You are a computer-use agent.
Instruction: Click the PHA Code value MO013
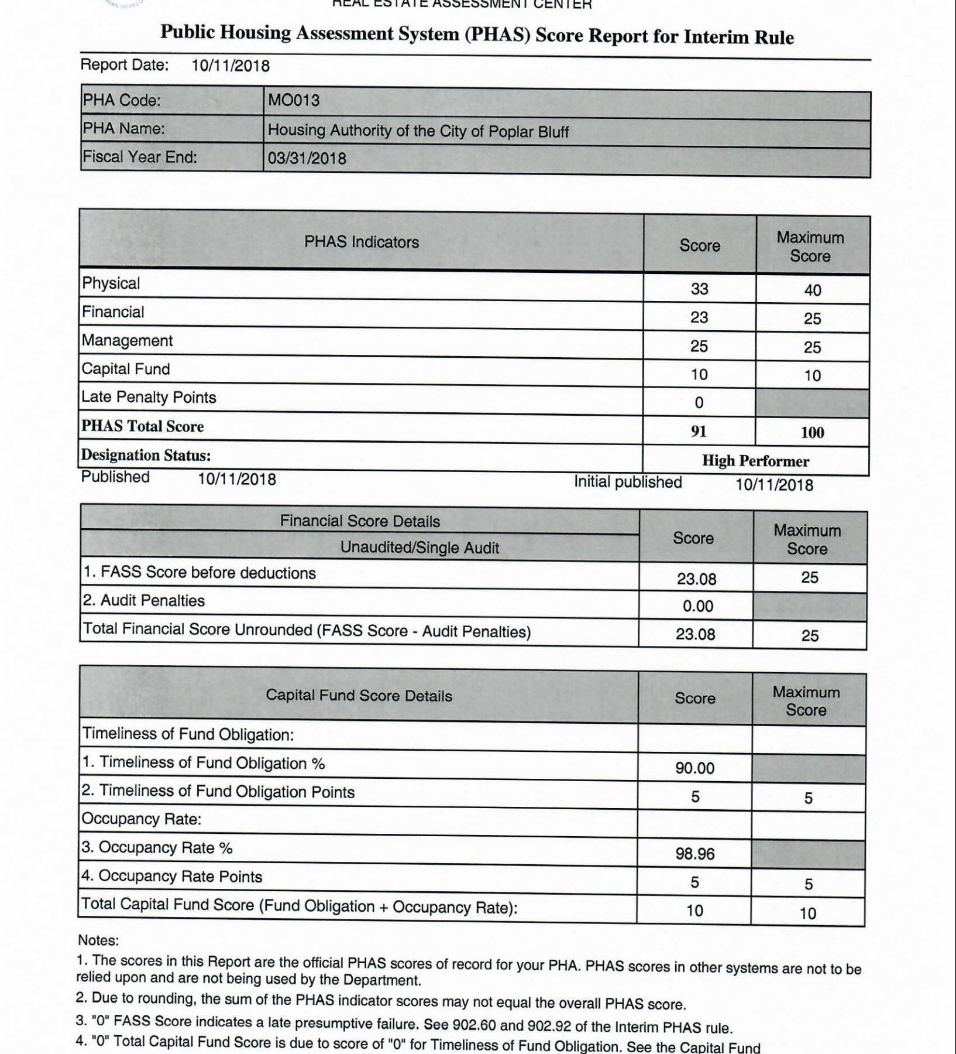[x=294, y=101]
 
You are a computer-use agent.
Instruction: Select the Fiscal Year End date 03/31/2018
[x=307, y=158]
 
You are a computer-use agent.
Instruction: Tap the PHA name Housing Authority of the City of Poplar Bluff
[x=418, y=131]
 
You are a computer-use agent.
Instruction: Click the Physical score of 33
[x=699, y=289]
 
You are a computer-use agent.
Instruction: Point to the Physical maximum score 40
[x=812, y=290]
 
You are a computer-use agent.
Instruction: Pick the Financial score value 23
[x=699, y=317]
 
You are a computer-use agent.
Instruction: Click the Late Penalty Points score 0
[x=699, y=403]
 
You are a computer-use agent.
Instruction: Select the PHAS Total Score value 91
[x=699, y=432]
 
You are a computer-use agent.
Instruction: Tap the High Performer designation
[x=755, y=461]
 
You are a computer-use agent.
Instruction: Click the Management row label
[x=127, y=341]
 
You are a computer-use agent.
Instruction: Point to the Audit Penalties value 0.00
[x=697, y=606]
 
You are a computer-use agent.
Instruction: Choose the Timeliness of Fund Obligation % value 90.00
[x=694, y=768]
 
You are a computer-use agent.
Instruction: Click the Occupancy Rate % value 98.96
[x=694, y=854]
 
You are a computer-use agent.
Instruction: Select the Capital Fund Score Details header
[x=359, y=696]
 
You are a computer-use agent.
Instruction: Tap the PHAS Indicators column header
[x=362, y=242]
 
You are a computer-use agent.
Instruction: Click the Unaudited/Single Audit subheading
[x=419, y=548]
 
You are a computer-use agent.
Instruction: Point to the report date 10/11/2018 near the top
[x=230, y=66]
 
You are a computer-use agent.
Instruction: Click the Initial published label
[x=627, y=482]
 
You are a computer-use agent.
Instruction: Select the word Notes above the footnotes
[x=98, y=940]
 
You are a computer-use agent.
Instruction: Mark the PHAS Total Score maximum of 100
[x=812, y=433]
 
